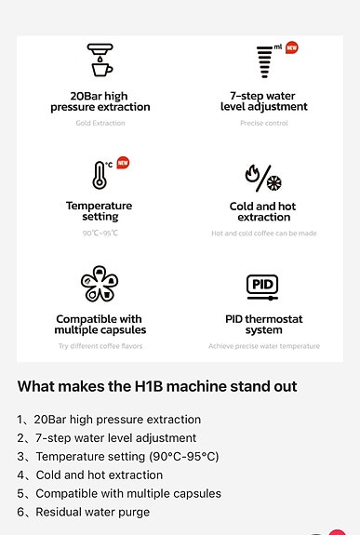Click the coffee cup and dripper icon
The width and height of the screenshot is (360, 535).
click(100, 60)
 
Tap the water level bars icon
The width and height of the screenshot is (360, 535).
click(264, 61)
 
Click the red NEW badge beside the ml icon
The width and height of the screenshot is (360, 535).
click(292, 47)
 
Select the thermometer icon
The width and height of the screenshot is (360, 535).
click(100, 175)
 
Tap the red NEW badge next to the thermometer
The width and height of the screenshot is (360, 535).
click(123, 163)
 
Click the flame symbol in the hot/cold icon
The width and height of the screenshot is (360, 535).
click(252, 174)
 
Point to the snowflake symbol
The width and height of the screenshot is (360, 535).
click(274, 183)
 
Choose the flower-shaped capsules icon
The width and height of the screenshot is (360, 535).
click(100, 284)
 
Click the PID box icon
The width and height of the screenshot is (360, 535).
click(262, 288)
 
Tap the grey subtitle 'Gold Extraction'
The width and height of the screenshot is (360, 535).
click(100, 123)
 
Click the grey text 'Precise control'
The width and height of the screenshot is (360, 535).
click(264, 123)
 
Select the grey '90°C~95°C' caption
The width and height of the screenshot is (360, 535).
click(100, 233)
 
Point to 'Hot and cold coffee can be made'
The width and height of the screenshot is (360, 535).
click(264, 234)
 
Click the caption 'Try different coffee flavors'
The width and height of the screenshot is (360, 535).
click(100, 346)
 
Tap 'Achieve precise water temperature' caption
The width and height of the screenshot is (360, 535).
click(264, 346)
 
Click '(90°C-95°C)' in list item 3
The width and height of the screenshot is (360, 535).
click(184, 457)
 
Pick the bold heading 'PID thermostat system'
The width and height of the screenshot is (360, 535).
click(264, 325)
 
